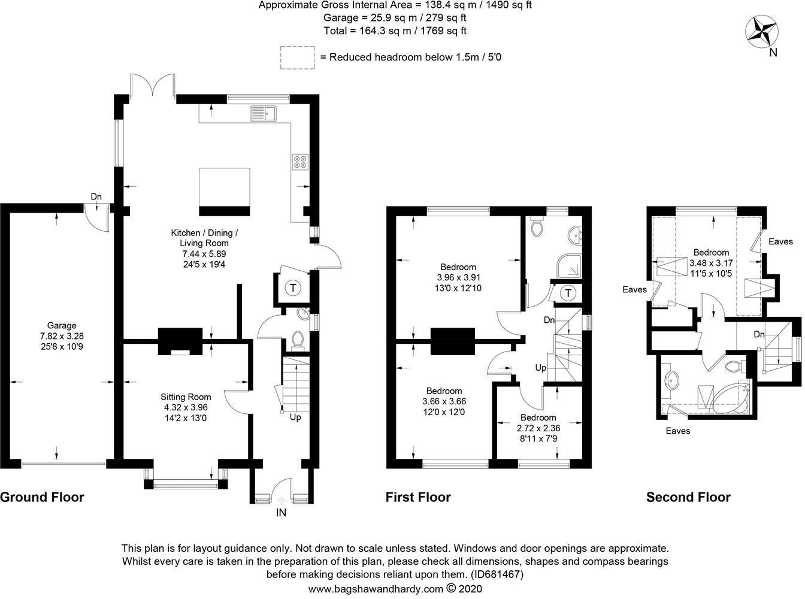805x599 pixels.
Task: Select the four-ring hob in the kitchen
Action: [300, 162]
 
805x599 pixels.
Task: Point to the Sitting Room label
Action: [186, 397]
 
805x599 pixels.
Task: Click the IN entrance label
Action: [281, 513]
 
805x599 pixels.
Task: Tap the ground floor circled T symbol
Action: [293, 288]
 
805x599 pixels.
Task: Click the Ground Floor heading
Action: [42, 497]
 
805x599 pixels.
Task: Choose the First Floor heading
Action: [417, 497]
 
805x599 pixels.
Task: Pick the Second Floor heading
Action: [688, 497]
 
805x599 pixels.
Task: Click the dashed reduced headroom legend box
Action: [296, 57]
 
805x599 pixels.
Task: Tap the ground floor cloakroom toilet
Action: [296, 340]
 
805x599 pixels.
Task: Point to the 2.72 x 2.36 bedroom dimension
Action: [538, 428]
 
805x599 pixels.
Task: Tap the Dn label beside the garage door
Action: [96, 196]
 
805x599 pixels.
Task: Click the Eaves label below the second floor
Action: [677, 431]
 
